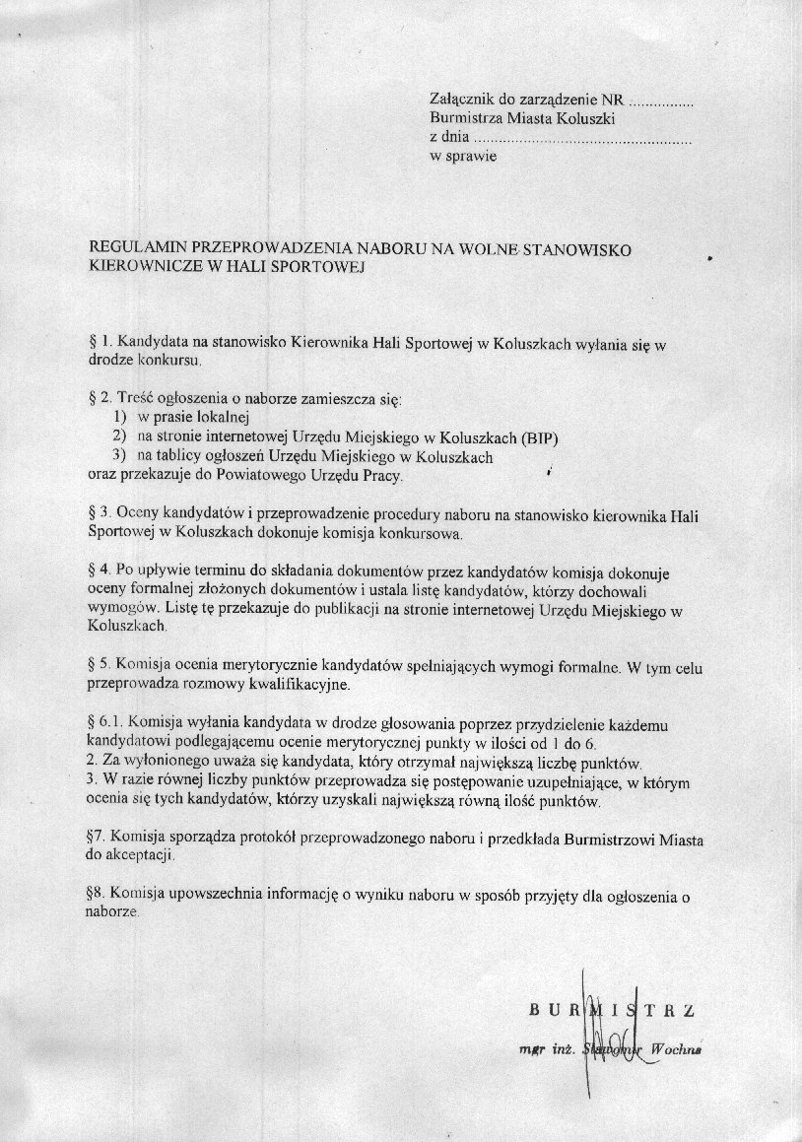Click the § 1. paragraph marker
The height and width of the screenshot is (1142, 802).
click(x=100, y=342)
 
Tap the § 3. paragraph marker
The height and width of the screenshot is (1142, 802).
click(x=100, y=513)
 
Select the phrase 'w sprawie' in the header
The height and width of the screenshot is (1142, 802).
click(x=463, y=156)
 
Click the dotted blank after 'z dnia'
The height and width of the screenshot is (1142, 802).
click(x=581, y=137)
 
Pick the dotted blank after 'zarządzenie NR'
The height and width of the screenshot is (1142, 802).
click(x=661, y=100)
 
